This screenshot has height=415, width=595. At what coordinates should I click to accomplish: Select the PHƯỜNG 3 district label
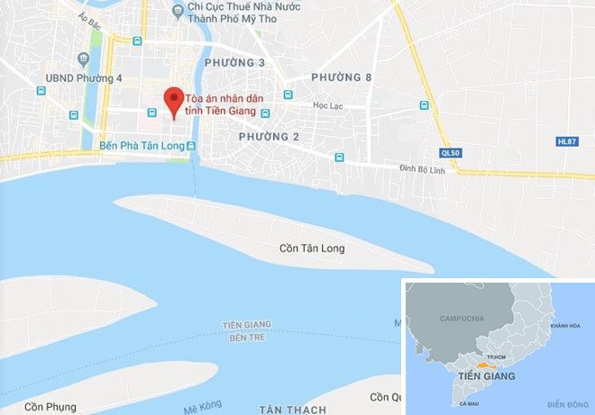click(x=234, y=62)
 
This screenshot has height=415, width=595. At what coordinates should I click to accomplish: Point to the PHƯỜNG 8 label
click(x=342, y=78)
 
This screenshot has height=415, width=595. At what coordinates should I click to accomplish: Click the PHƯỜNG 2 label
click(x=269, y=136)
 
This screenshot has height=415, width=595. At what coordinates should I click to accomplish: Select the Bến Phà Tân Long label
click(x=141, y=145)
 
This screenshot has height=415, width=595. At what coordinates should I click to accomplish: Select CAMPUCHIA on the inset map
click(x=462, y=319)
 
